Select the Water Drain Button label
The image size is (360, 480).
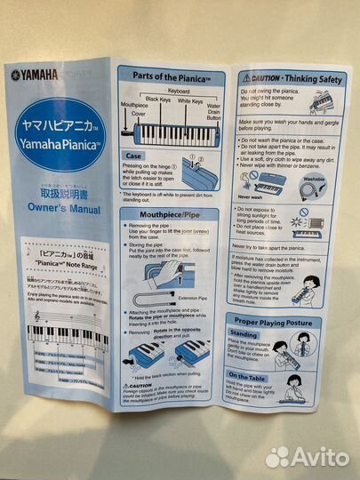[213, 112]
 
